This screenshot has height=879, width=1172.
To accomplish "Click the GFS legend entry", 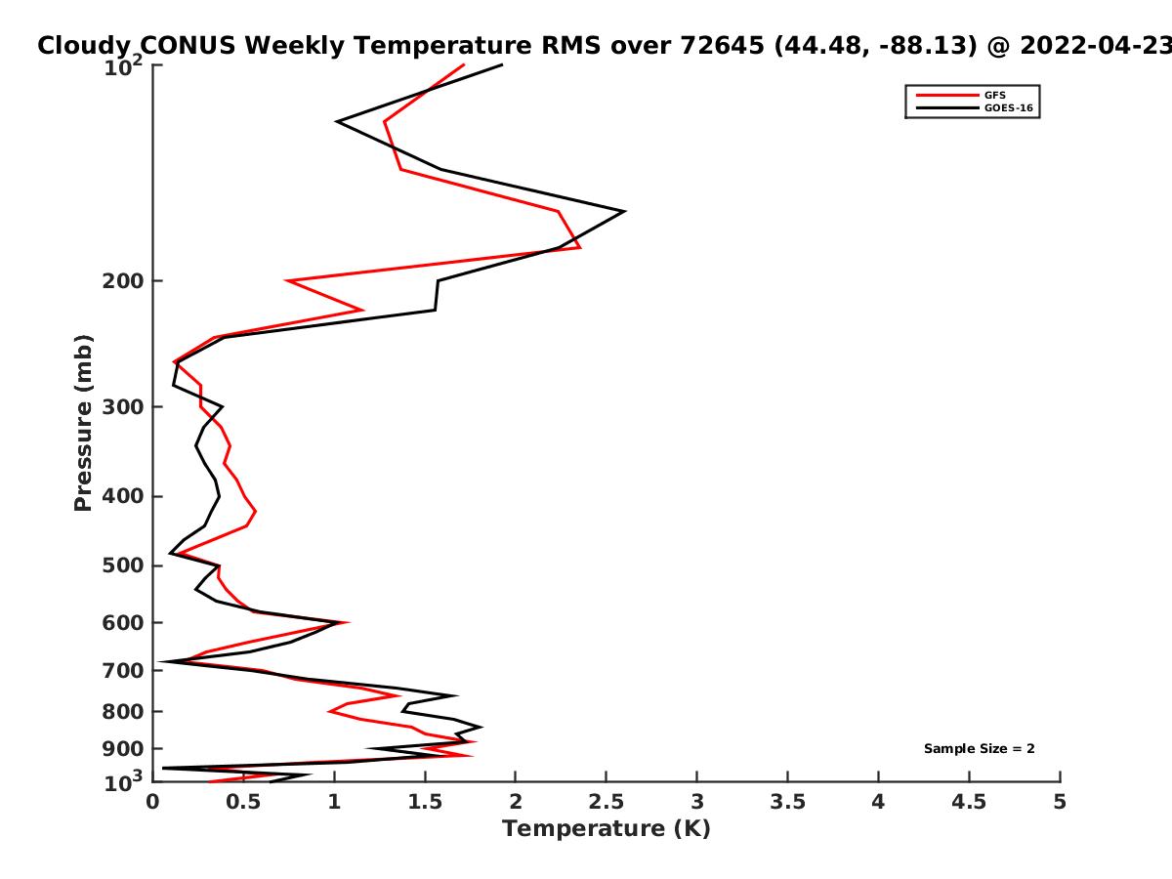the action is coord(961,95).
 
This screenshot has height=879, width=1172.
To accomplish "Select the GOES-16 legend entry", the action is coord(975,107).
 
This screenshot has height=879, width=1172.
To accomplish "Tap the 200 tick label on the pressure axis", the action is coord(123,280).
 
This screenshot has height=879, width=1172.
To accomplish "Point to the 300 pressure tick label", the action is coord(123,407).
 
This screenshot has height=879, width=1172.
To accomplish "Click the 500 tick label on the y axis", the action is coord(123,565).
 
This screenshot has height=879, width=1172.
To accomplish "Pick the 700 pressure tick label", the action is coord(123,670).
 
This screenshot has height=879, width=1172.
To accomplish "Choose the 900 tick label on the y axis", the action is coord(123,749).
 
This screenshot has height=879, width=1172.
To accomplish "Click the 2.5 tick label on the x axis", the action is coord(607,802).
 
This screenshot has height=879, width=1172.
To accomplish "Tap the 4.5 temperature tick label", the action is coord(969,802).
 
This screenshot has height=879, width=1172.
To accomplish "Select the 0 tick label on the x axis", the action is coord(152,802).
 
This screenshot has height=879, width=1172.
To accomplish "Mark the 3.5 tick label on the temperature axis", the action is coord(787,802).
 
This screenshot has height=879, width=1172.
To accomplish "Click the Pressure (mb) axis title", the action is coord(83,423).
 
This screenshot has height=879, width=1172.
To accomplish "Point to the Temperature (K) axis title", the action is coord(607,829).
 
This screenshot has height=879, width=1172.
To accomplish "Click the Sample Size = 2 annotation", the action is coord(980,749).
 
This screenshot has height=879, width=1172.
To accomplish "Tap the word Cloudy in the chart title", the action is coord(84,47).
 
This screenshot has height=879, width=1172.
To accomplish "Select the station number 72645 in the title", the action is coord(722,46).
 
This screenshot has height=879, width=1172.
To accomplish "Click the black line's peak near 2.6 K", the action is coord(624,212).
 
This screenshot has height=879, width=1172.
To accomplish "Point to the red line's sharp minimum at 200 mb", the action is coord(287,280).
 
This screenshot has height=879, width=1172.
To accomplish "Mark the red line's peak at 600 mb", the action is coord(348,622).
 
